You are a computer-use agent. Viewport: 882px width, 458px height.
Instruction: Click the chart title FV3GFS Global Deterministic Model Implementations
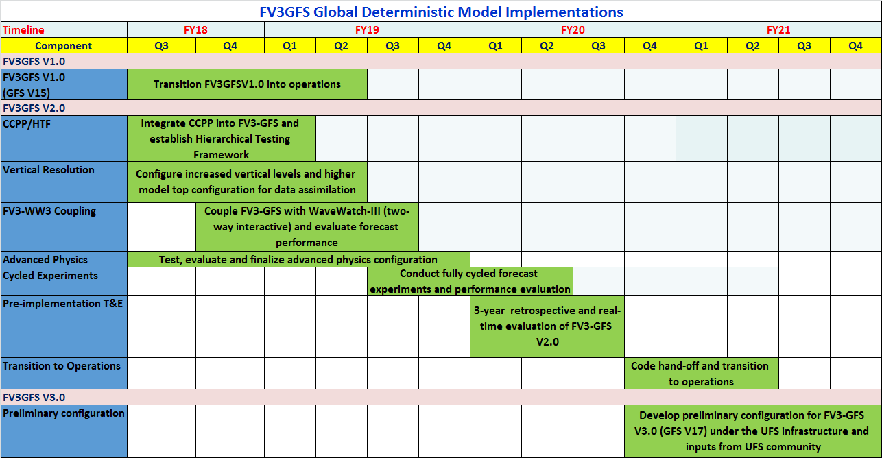pyautogui.click(x=441, y=12)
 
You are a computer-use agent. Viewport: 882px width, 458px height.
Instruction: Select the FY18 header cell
pyautogui.click(x=195, y=29)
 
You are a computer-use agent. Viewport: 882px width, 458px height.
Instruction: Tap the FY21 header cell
pyautogui.click(x=778, y=29)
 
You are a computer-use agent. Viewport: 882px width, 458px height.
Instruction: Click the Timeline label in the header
pyautogui.click(x=23, y=29)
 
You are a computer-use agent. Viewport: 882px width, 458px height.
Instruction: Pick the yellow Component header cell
pyautogui.click(x=63, y=46)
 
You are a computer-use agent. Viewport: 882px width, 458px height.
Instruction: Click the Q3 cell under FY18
pyautogui.click(x=161, y=46)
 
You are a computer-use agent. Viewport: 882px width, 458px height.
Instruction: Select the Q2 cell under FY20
pyautogui.click(x=547, y=46)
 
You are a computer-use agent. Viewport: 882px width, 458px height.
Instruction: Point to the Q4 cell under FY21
pyautogui.click(x=855, y=46)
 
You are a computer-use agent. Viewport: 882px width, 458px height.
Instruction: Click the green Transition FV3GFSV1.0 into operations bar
pyautogui.click(x=247, y=84)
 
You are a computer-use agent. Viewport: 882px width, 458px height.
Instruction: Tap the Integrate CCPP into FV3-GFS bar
pyautogui.click(x=221, y=138)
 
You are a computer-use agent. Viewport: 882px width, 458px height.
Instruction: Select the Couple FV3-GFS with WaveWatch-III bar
pyautogui.click(x=307, y=226)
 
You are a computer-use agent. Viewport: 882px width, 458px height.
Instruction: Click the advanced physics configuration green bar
pyautogui.click(x=298, y=260)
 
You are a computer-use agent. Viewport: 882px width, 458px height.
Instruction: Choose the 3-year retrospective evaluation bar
pyautogui.click(x=547, y=326)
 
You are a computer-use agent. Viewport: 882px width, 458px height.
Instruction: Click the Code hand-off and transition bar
pyautogui.click(x=700, y=374)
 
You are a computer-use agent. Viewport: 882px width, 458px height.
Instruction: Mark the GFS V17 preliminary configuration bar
pyautogui.click(x=752, y=431)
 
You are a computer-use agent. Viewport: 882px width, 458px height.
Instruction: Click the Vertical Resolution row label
pyautogui.click(x=49, y=169)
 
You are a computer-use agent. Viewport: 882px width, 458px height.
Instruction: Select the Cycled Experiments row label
pyautogui.click(x=50, y=275)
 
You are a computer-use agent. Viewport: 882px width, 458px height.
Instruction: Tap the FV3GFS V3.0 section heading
pyautogui.click(x=34, y=397)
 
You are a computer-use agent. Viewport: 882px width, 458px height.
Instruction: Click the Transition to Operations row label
pyautogui.click(x=61, y=365)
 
